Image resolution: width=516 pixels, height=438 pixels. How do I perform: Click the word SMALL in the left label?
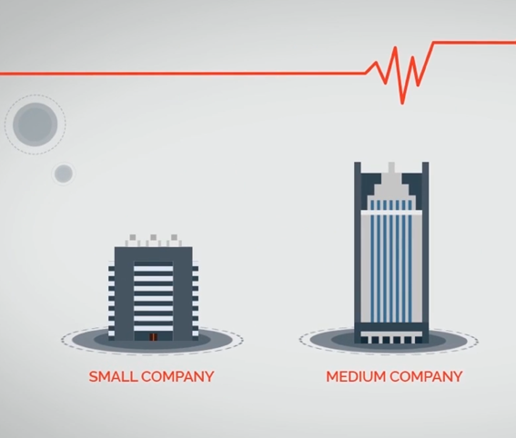tap(113, 376)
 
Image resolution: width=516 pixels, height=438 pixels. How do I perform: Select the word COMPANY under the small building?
tap(178, 376)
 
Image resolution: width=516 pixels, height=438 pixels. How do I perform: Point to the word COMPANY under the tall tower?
tap(426, 376)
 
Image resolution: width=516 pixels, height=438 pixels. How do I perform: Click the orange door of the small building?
tap(154, 337)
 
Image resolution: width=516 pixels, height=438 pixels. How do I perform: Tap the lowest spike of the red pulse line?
tap(402, 104)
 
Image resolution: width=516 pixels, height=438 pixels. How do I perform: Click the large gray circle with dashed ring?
tap(35, 124)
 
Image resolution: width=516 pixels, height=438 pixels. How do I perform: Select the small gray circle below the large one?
tap(64, 174)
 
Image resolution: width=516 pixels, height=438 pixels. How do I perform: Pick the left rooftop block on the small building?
tap(133, 237)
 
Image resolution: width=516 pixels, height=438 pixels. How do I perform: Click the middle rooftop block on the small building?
tap(154, 237)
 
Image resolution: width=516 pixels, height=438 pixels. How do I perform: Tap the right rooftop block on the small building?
tap(174, 237)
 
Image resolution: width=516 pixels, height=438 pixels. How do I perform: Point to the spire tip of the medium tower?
tap(391, 163)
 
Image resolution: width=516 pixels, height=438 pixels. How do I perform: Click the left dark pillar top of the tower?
tap(358, 163)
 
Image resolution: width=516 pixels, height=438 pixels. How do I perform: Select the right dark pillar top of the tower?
tap(425, 163)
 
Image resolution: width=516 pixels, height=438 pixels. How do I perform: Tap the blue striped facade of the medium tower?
tap(391, 261)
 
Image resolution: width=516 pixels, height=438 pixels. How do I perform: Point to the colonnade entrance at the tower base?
tap(391, 338)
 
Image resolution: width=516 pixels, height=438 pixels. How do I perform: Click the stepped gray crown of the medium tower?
tap(391, 187)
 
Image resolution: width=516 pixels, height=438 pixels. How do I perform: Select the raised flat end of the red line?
tap(474, 43)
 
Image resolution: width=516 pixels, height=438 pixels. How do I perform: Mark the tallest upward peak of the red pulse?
tap(395, 47)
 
